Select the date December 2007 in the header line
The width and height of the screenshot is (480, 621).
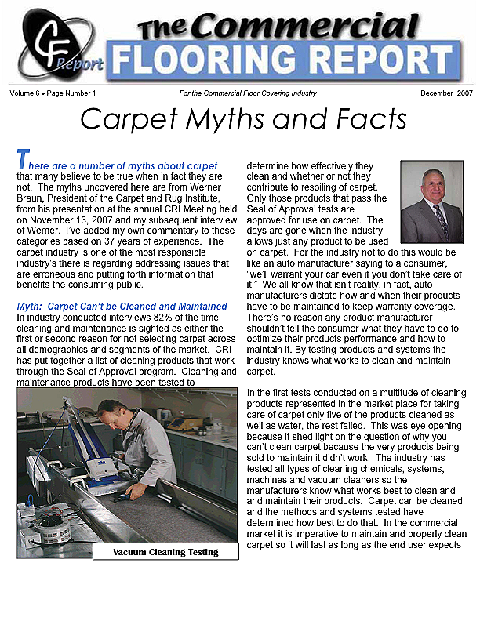(x=445, y=93)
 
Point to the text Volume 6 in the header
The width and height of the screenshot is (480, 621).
(x=26, y=93)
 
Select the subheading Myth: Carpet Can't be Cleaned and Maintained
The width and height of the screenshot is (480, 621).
(x=122, y=306)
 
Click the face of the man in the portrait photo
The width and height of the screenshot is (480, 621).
(x=431, y=184)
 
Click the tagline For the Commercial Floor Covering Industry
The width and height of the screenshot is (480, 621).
(x=248, y=93)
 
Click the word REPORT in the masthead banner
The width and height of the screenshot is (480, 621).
(x=380, y=61)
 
